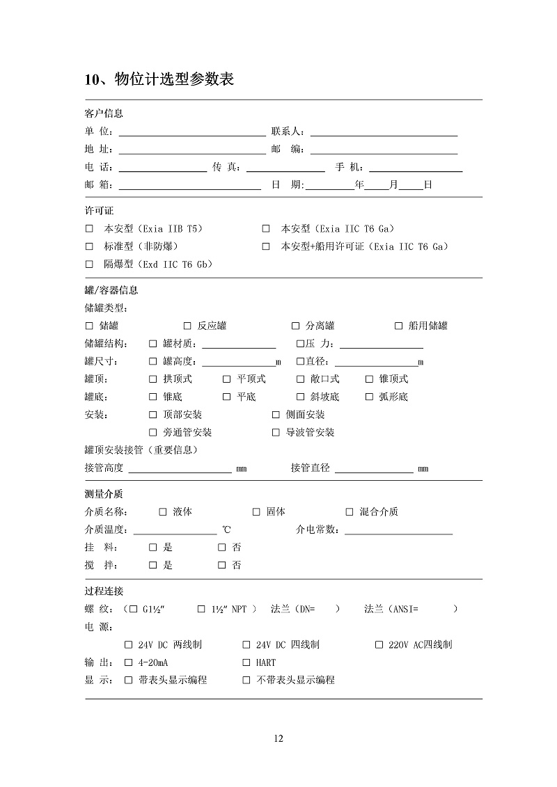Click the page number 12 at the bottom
click(278, 738)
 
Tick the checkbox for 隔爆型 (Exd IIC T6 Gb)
click(89, 264)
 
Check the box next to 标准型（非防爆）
click(89, 246)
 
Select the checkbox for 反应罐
click(187, 326)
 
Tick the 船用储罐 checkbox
click(399, 326)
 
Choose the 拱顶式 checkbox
click(153, 379)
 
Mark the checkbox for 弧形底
click(370, 397)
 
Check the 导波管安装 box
click(276, 432)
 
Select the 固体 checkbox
click(256, 511)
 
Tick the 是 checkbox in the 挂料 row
click(153, 548)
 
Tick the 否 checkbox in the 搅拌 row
click(222, 565)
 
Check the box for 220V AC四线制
click(379, 645)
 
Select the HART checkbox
click(246, 662)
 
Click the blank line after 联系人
click(384, 132)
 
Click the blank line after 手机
click(416, 168)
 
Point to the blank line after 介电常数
click(398, 531)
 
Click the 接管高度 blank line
click(180, 470)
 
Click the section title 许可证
click(99, 210)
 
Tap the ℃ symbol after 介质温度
click(226, 530)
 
